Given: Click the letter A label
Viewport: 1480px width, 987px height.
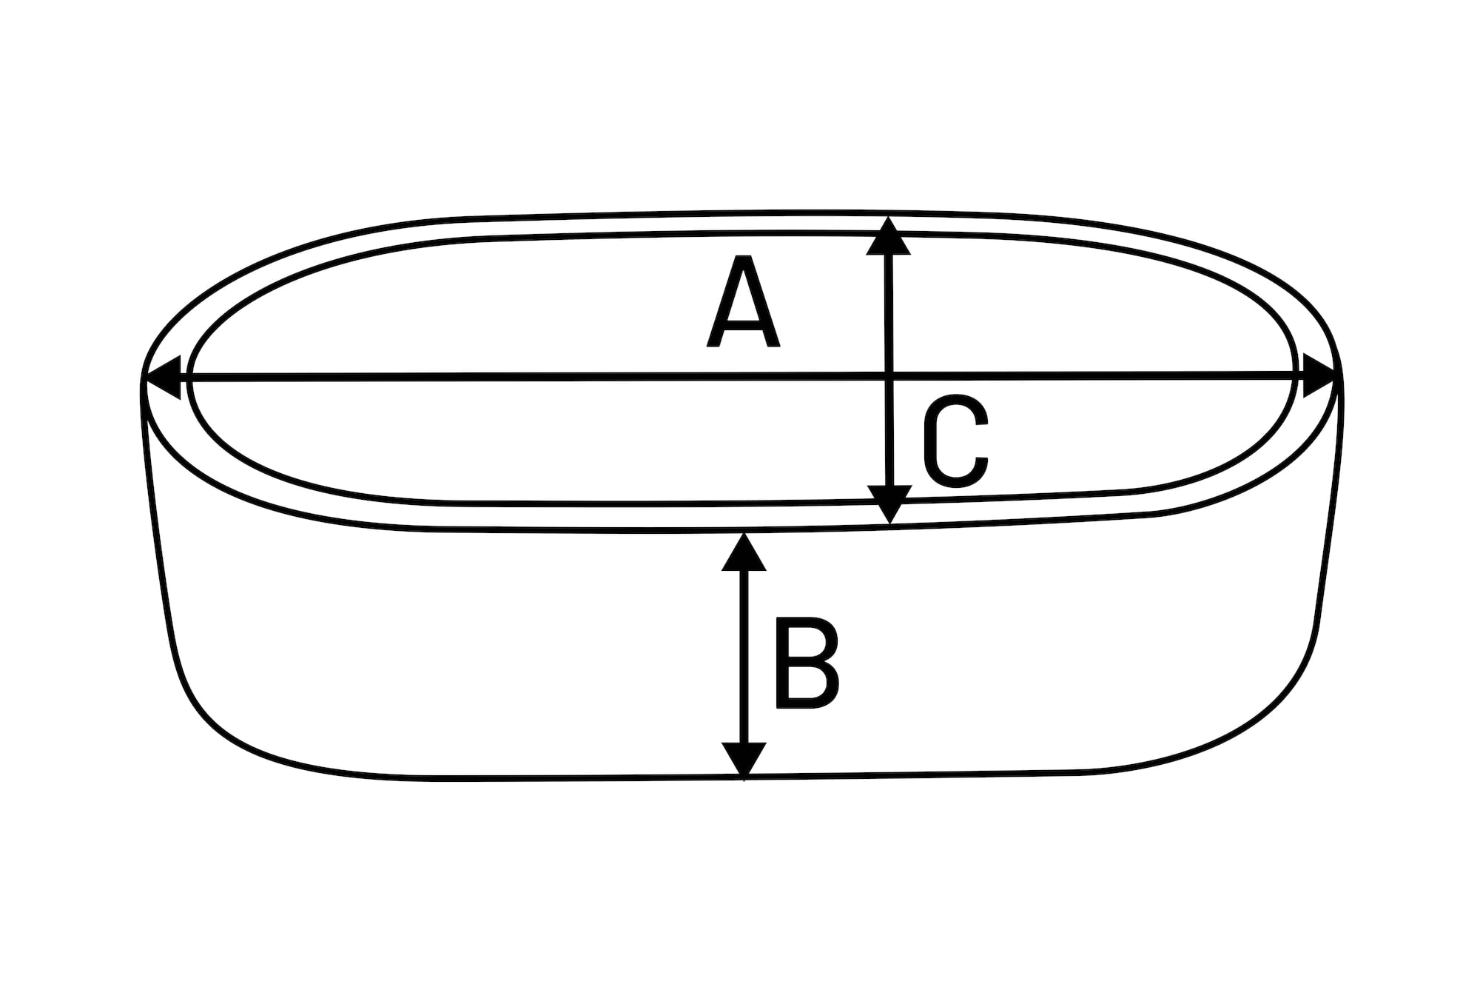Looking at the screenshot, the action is [x=743, y=301].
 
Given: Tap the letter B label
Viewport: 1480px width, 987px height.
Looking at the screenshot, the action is [x=807, y=663].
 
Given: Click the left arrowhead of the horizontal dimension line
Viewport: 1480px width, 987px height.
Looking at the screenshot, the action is [x=163, y=378].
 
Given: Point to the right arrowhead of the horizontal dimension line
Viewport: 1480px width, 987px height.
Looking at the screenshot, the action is [x=1319, y=377].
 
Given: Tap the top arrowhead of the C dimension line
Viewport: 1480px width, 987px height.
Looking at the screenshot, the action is [x=889, y=236].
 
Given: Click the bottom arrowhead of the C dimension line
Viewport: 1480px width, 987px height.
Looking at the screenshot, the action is [x=889, y=504].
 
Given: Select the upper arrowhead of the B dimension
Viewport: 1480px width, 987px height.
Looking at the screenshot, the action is [x=744, y=552].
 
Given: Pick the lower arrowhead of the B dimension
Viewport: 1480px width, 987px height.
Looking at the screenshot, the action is [x=744, y=759].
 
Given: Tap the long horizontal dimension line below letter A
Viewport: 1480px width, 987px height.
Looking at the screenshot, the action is [x=740, y=378].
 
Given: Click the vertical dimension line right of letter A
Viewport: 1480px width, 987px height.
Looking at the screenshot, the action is [x=889, y=370].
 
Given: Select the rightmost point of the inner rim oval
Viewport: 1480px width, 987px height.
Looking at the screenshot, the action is [x=1296, y=374].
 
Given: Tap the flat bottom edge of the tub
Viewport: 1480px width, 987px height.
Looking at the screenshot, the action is [x=744, y=777].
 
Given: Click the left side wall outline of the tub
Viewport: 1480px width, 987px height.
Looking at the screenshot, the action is [x=157, y=518].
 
